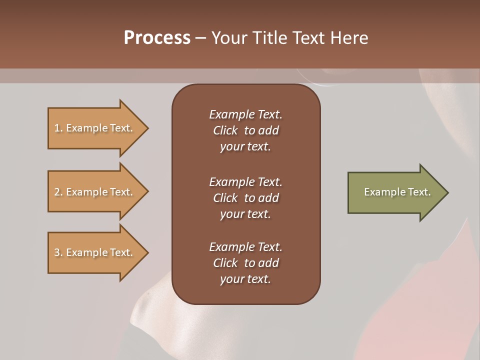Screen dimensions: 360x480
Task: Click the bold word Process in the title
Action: click(x=157, y=38)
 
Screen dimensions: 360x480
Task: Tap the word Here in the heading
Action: click(x=349, y=38)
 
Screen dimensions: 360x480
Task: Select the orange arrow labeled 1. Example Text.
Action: click(x=95, y=128)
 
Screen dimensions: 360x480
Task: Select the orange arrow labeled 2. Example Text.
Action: click(x=95, y=192)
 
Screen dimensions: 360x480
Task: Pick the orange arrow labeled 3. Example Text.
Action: click(x=95, y=252)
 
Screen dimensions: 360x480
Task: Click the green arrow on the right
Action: click(x=395, y=192)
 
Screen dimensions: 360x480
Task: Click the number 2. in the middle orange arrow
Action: click(x=58, y=192)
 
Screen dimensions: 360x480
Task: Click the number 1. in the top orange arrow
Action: click(x=58, y=128)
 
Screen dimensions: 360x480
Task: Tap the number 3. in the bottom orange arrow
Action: click(x=58, y=252)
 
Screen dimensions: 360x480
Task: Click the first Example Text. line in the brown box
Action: click(x=245, y=114)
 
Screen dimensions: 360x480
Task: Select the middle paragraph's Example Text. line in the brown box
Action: click(x=245, y=181)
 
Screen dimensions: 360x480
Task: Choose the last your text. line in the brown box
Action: click(x=245, y=279)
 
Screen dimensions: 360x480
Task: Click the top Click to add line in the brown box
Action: click(x=245, y=130)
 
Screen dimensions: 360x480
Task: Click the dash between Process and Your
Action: click(x=201, y=38)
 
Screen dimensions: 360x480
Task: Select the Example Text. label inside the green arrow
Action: click(x=397, y=192)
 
